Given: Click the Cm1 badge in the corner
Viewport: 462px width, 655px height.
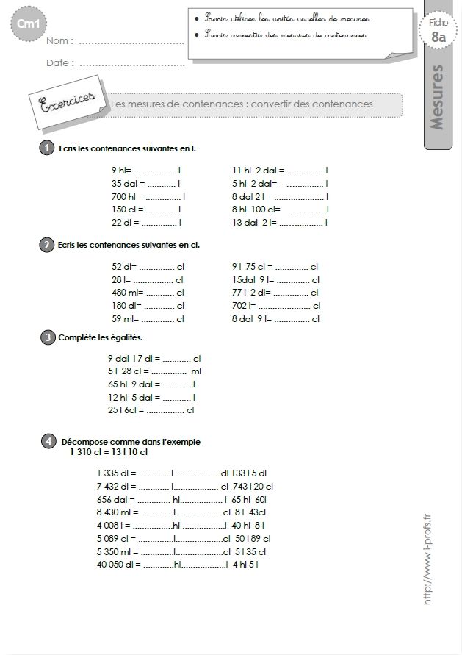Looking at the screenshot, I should (24, 26).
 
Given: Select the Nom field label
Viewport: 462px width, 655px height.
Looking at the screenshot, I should (60, 41).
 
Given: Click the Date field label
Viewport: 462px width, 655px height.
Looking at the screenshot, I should (59, 63).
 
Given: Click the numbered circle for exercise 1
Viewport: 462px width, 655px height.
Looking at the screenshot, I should (47, 148).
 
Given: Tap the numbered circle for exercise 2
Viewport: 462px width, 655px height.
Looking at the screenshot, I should (47, 244).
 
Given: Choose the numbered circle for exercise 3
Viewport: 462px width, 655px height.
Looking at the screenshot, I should (47, 337).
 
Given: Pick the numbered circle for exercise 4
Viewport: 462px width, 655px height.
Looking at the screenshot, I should (47, 441).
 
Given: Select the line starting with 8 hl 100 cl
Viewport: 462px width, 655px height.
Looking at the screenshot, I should (280, 209).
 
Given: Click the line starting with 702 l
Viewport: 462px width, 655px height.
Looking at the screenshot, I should (275, 306).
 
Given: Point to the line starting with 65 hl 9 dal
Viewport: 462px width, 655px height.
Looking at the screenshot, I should (151, 384).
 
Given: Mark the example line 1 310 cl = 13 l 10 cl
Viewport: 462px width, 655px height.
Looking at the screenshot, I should (109, 452).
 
